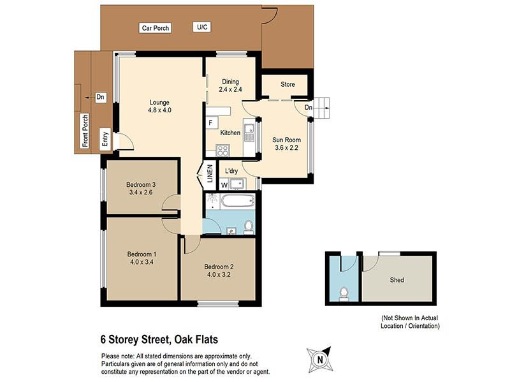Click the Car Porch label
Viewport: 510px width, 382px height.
click(156, 28)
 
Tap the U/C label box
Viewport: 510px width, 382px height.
click(202, 27)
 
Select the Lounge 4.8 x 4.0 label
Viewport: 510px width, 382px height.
click(159, 106)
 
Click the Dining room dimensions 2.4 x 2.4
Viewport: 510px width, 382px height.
click(230, 89)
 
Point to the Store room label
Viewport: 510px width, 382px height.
click(288, 84)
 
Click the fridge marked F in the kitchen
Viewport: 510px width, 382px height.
click(211, 123)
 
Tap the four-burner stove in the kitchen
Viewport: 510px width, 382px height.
click(223, 151)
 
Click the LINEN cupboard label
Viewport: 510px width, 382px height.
click(210, 173)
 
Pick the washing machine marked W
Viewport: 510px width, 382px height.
click(224, 185)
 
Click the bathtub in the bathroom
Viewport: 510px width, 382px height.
click(238, 202)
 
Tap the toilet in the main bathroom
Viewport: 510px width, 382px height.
click(249, 227)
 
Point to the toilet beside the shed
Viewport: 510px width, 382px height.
click(344, 294)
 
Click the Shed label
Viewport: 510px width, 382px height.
click(397, 280)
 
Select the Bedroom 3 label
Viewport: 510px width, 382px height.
click(141, 184)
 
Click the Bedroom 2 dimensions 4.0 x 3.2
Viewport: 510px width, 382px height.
click(219, 274)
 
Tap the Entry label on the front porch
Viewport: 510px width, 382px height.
click(105, 139)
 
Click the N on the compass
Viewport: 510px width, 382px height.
click(320, 360)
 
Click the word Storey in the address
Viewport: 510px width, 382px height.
click(123, 340)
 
